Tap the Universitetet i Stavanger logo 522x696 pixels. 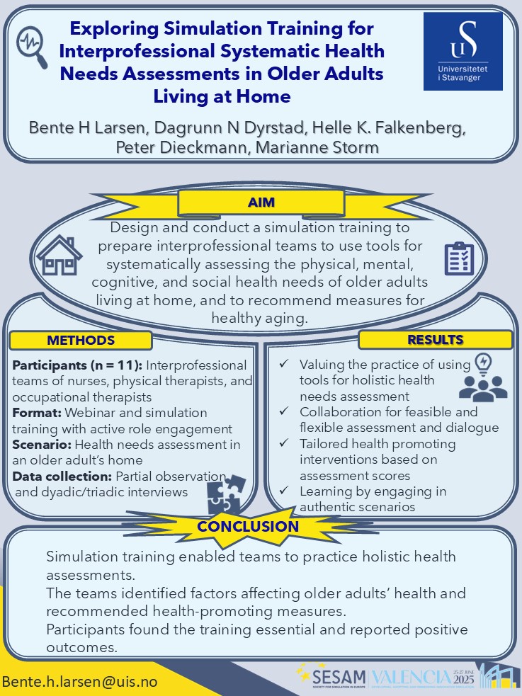pyautogui.click(x=463, y=51)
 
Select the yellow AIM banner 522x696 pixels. pyautogui.click(x=261, y=203)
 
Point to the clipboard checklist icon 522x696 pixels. pyautogui.click(x=459, y=258)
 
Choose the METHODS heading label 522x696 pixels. pyautogui.click(x=81, y=341)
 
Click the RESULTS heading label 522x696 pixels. pyautogui.click(x=435, y=340)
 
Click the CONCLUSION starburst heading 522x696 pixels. pyautogui.click(x=248, y=527)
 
